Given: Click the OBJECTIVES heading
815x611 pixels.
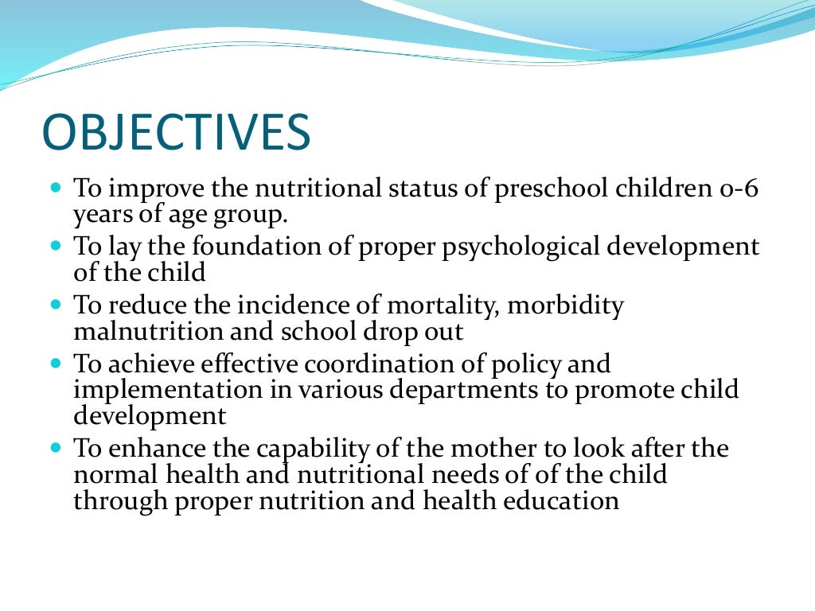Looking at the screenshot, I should [x=176, y=133].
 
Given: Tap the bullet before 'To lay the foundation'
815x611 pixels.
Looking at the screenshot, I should [x=56, y=247].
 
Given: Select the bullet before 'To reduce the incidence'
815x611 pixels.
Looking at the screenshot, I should [x=56, y=305].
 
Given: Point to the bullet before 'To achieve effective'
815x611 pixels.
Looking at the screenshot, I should [x=56, y=364].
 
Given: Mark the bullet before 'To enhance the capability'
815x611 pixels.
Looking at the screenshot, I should [x=56, y=448].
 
